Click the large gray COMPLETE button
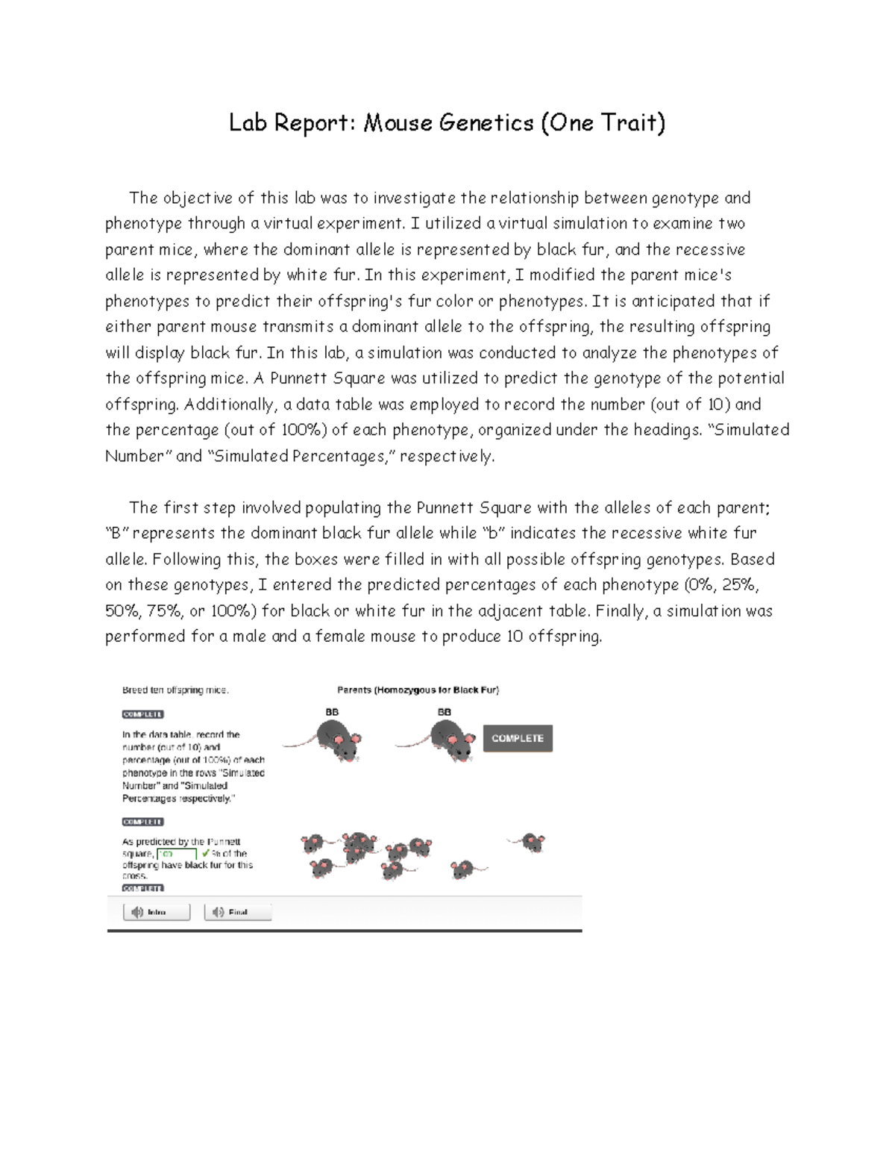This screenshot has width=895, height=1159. (518, 738)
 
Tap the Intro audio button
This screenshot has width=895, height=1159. (157, 912)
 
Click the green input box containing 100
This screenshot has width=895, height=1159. (177, 854)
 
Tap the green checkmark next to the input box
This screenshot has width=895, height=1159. (205, 853)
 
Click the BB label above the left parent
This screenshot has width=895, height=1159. (332, 712)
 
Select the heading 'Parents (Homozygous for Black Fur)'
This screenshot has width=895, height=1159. (418, 690)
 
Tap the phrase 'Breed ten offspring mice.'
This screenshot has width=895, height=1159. (175, 690)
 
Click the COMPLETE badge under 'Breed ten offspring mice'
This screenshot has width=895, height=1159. (142, 714)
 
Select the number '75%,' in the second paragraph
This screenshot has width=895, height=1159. (166, 611)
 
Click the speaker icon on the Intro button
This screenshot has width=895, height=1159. (137, 912)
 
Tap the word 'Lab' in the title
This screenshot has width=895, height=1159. (248, 122)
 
